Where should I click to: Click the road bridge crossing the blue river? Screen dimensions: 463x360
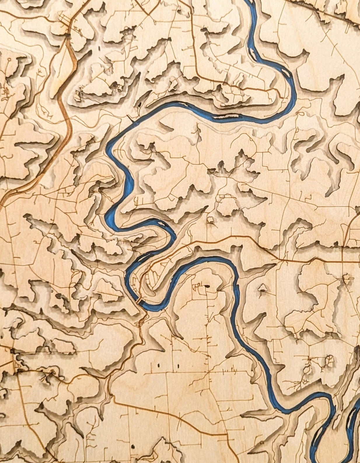tap(139, 300)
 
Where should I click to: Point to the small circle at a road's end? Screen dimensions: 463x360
tap(9, 59)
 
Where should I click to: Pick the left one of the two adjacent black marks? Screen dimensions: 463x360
tap(159, 365)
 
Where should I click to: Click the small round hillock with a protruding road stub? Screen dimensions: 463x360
tap(347, 279)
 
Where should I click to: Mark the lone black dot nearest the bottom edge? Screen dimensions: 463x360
tap(133, 446)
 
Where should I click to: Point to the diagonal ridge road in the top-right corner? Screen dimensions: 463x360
tap(321, 10)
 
